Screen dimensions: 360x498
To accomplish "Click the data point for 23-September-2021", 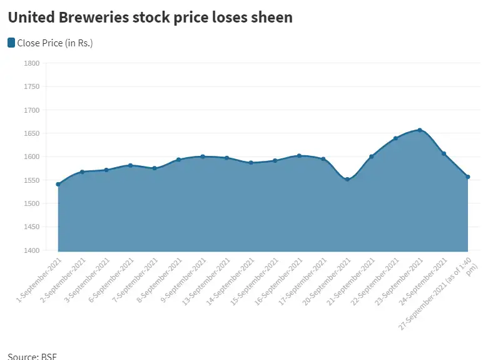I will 420,130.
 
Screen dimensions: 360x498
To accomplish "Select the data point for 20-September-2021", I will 348,180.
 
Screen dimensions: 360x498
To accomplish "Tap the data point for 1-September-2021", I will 58,184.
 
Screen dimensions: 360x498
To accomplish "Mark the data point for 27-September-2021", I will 468,177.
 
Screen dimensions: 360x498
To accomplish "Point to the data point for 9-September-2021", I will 203,157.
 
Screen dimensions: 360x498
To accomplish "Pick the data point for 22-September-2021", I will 395,138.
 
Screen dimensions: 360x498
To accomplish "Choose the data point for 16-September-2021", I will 299,156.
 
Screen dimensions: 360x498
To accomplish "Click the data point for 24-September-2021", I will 444,153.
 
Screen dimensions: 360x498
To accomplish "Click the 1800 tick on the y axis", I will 32,63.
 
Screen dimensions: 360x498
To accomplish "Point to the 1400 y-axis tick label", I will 32,250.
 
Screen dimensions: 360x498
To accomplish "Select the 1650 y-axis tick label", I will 32,133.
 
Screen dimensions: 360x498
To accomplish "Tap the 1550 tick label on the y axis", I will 32,180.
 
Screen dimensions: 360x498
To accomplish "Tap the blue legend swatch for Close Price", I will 11,43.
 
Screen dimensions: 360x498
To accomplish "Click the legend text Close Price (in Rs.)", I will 55,43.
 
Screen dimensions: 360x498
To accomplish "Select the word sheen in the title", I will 270,18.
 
